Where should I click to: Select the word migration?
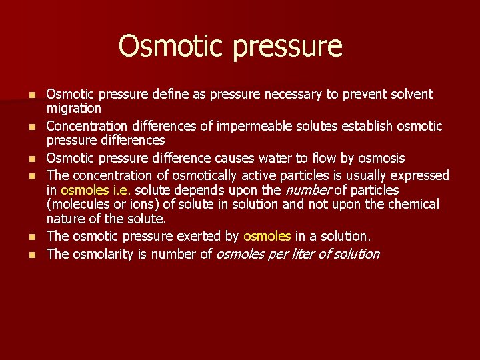point(73,108)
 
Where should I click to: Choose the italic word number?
point(307,191)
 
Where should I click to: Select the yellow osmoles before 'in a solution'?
point(267,236)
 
